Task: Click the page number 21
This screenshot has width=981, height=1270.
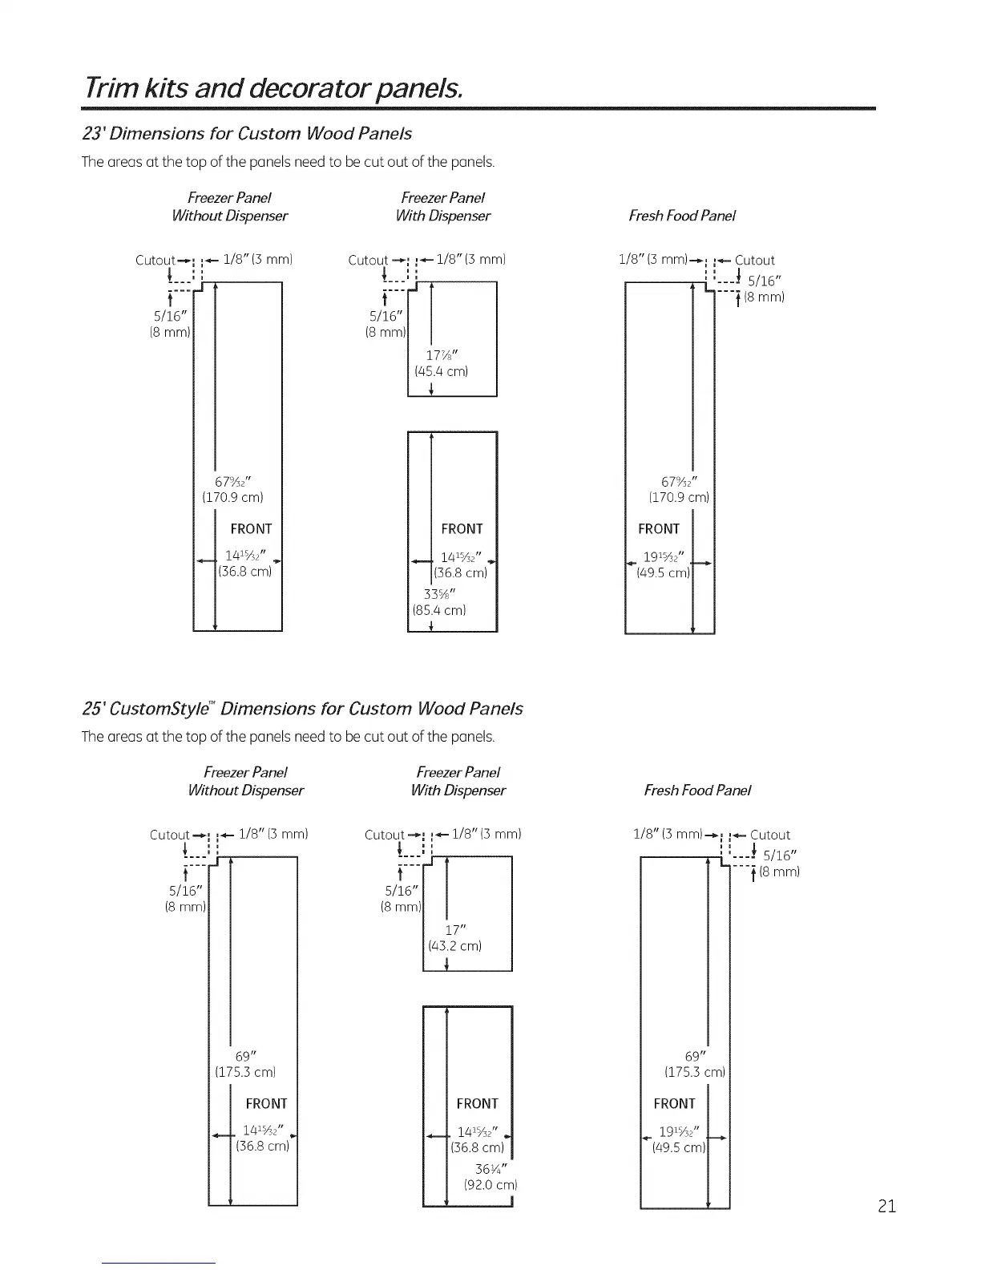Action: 886,1206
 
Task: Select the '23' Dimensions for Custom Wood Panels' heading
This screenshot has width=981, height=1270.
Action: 248,133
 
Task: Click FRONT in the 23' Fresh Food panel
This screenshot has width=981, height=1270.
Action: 659,529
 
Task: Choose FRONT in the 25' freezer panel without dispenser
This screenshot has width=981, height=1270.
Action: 266,1103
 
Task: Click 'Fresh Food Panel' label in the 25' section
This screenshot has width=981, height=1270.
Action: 697,791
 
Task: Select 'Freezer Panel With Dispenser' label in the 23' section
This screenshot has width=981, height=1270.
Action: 442,207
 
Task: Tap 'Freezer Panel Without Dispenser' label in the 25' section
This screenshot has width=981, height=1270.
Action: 245,782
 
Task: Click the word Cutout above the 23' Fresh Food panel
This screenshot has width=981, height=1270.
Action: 755,260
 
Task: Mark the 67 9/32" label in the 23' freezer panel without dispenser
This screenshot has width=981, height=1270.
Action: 233,482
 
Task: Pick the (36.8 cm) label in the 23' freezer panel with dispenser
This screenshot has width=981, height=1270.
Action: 459,573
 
